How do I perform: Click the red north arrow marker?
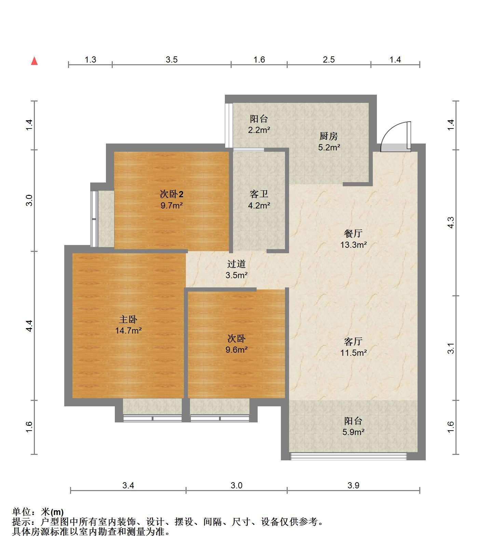click(34, 61)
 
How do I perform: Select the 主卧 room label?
click(128, 320)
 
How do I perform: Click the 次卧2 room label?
click(172, 194)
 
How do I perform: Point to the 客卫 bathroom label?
click(259, 194)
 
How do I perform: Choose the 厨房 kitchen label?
click(329, 136)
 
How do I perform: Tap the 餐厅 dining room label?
click(353, 233)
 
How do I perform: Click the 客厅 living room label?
click(353, 341)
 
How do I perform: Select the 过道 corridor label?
click(236, 264)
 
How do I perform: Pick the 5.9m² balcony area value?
click(353, 432)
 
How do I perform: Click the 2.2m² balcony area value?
click(259, 130)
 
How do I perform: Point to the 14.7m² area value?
click(128, 330)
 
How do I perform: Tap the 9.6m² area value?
click(236, 350)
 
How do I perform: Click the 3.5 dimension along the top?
click(172, 60)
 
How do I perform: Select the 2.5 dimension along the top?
click(329, 60)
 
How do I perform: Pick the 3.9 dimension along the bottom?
click(353, 485)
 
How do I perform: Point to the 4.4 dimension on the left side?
click(29, 326)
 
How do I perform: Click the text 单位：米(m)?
click(38, 512)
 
